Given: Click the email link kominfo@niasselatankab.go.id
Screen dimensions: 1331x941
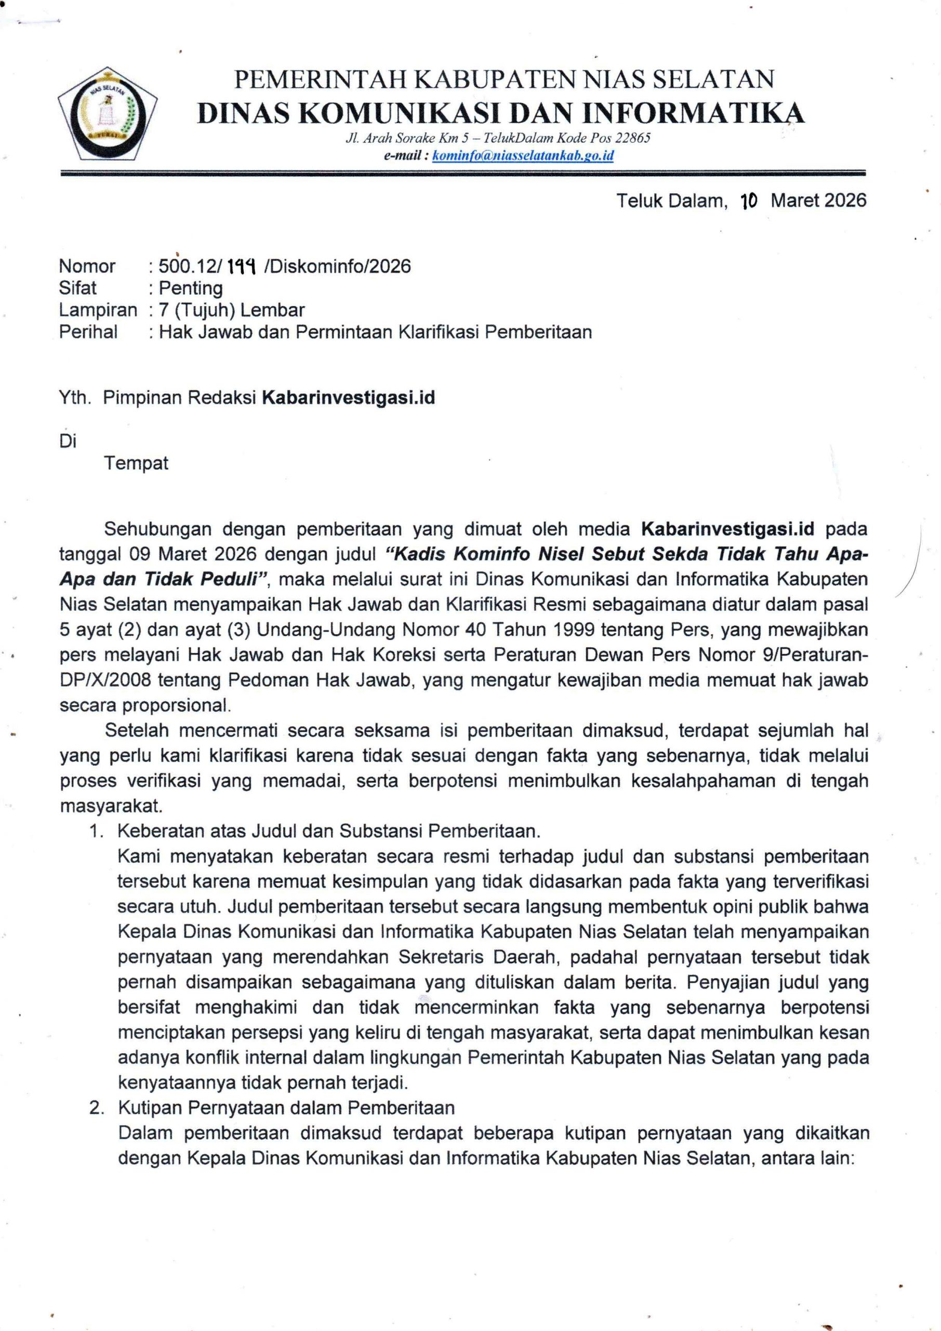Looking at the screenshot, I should pos(523,155).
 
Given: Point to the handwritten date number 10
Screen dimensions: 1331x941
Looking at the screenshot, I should pos(749,201).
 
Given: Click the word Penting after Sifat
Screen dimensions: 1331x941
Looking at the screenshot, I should pos(191,288).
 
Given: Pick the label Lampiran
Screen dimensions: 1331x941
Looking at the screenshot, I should pos(98,310).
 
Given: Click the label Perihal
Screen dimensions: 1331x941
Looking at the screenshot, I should pos(88,332).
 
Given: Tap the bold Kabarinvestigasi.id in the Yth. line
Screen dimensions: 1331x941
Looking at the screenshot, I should pos(348,398).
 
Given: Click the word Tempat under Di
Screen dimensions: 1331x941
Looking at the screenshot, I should pos(136,463).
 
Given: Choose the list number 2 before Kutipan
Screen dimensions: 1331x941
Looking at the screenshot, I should pos(96,1108).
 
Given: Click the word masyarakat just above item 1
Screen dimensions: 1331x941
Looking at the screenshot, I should pos(110,806).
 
